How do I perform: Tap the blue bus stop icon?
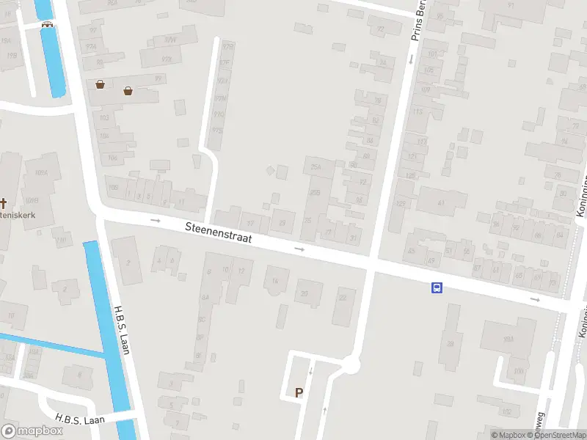pyautogui.click(x=437, y=288)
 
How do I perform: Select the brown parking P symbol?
pyautogui.click(x=299, y=393)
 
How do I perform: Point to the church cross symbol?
pyautogui.click(x=3, y=202)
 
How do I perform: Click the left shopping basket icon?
pyautogui.click(x=100, y=84)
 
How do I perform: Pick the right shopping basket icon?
pyautogui.click(x=128, y=91)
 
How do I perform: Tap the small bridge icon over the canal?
pyautogui.click(x=48, y=23)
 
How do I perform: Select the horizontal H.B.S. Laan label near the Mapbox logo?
pyautogui.click(x=80, y=419)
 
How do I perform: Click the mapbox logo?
pyautogui.click(x=32, y=431)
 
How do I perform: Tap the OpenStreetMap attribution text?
pyautogui.click(x=558, y=435)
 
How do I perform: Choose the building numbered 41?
pyautogui.click(x=441, y=202)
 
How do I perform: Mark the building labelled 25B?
pyautogui.click(x=315, y=192)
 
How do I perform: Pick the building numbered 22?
pyautogui.click(x=343, y=298)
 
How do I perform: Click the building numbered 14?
pyautogui.click(x=276, y=281)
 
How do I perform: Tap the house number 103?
pyautogui.click(x=104, y=117)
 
